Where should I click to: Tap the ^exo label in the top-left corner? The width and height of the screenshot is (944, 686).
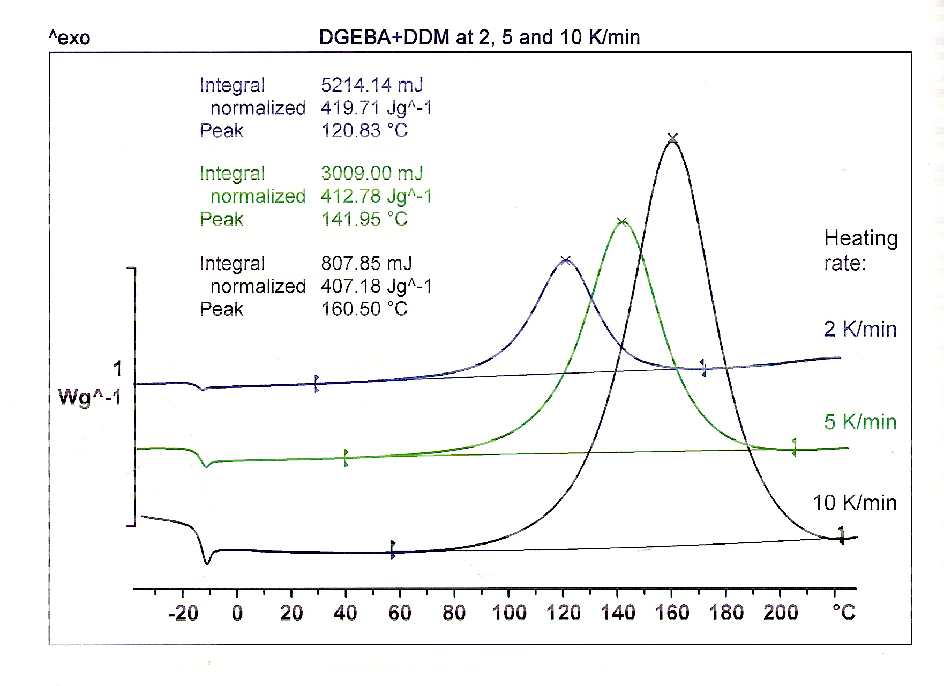(70, 38)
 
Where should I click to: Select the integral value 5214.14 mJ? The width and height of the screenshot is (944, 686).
(372, 85)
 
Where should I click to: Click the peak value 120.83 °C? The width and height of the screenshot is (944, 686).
(364, 130)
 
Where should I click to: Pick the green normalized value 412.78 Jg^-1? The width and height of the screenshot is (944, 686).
(376, 196)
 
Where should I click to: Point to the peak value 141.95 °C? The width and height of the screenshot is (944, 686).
(364, 219)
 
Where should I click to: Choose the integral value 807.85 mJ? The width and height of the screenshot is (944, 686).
(366, 263)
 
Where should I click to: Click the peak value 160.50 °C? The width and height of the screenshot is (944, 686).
(364, 309)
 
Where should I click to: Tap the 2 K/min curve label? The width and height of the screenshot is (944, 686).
(860, 329)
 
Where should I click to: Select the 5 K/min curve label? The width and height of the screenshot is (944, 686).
(860, 422)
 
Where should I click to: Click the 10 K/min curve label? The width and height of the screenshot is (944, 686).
(855, 503)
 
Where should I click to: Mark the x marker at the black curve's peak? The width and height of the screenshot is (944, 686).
(673, 139)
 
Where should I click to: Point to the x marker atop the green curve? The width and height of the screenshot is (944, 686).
(622, 221)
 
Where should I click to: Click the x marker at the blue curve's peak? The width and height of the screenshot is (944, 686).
(565, 261)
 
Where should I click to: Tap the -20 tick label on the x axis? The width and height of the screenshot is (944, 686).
(183, 613)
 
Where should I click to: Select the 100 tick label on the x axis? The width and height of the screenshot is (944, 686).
(508, 613)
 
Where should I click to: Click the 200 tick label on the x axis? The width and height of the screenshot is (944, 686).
(781, 613)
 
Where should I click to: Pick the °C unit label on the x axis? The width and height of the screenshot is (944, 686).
(844, 613)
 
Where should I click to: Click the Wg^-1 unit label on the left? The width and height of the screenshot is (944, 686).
(89, 397)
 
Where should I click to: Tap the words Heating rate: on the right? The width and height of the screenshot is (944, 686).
(860, 250)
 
